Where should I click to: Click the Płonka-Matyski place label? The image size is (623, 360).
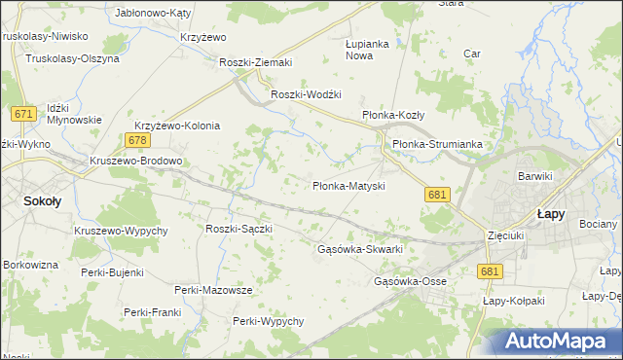349,185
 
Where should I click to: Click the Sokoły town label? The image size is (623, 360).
42,201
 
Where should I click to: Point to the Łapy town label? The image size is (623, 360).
552,213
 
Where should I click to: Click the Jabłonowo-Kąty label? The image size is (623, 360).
153,14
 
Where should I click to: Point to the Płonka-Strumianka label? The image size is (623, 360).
437,144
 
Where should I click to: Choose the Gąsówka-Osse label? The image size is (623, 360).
410,281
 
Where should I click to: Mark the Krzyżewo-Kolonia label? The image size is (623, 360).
177,126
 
